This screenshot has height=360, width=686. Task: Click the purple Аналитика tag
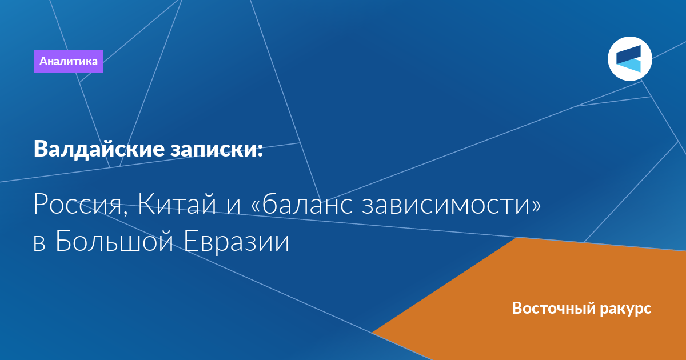click(x=68, y=61)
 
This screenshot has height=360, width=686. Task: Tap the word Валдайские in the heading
click(x=99, y=150)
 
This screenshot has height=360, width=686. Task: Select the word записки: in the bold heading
click(x=217, y=150)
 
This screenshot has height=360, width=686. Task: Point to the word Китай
click(x=177, y=203)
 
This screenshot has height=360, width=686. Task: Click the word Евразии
click(x=237, y=242)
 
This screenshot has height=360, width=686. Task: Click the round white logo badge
click(x=630, y=59)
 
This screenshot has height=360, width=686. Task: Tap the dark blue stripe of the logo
click(x=629, y=55)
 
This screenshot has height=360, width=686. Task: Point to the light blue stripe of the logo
click(x=631, y=66)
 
